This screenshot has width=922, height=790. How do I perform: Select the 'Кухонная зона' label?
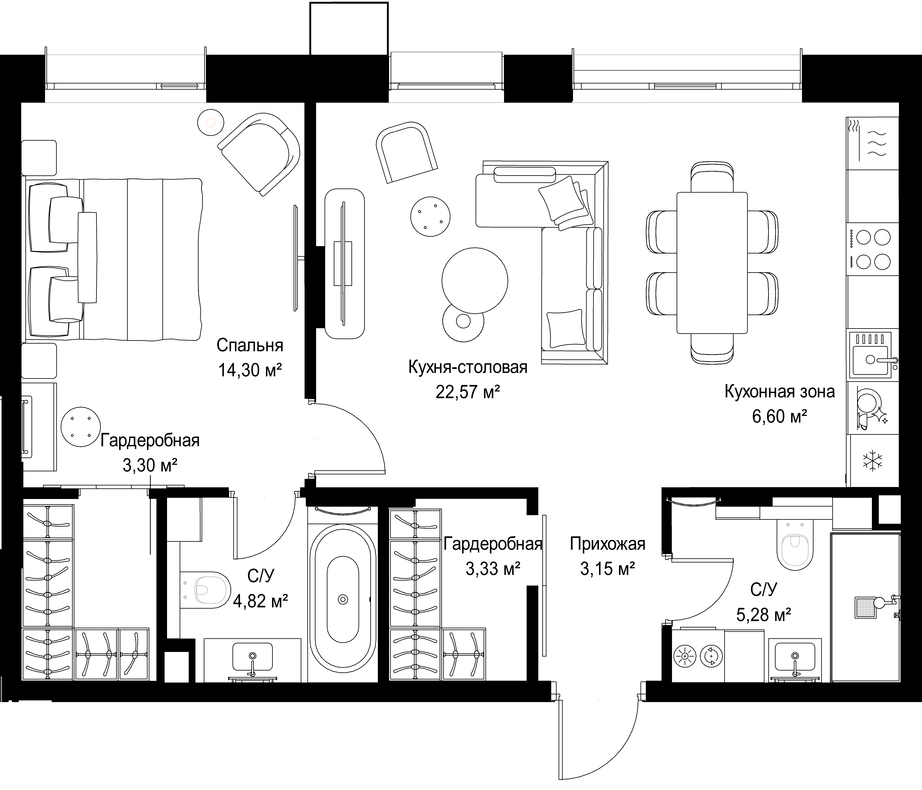point(780,392)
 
